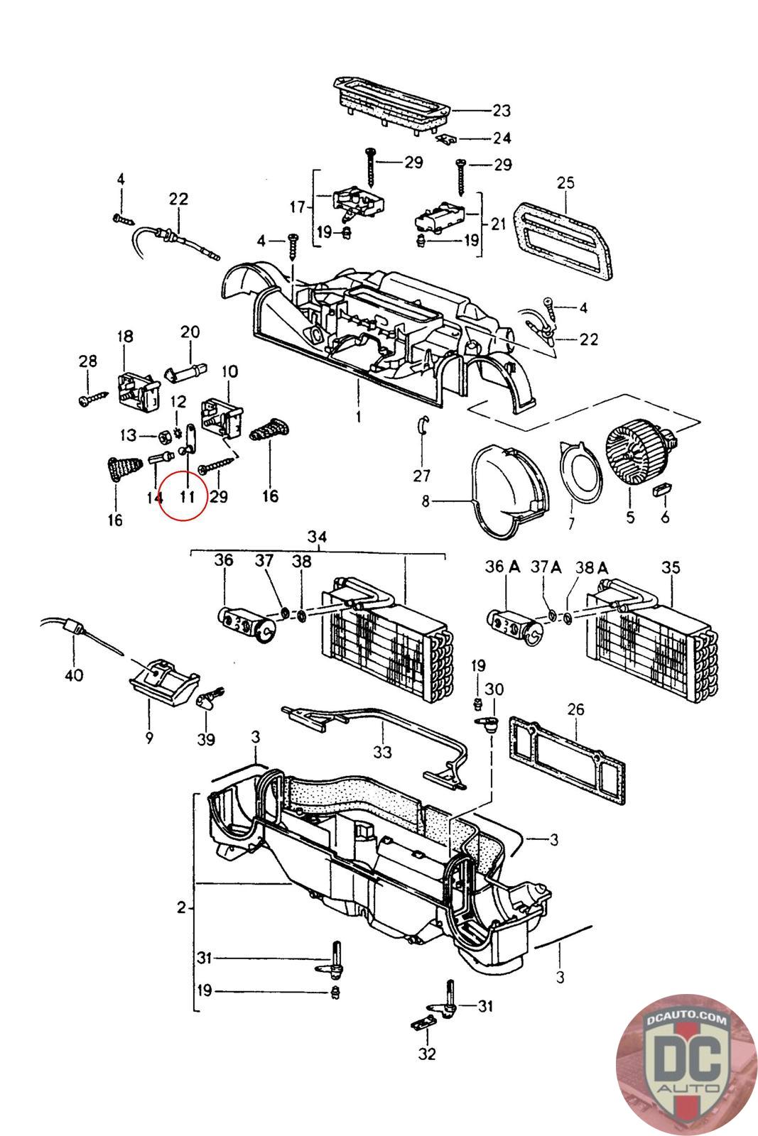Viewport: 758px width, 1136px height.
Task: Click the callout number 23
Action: click(502, 111)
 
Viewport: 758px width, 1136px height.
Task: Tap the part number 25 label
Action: click(565, 182)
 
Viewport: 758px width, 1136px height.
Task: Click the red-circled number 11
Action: click(188, 496)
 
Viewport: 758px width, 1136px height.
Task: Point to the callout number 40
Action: click(74, 675)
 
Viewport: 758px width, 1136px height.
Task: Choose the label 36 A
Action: click(502, 566)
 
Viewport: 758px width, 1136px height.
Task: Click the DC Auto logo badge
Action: click(687, 1065)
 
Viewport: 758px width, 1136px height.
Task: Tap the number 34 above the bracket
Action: click(317, 537)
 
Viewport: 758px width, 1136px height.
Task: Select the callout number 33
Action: click(382, 751)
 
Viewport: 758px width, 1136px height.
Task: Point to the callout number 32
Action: click(427, 1054)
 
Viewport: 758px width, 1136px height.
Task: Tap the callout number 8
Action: click(425, 501)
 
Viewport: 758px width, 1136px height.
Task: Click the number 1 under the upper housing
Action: click(359, 417)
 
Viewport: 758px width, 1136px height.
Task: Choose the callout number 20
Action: click(190, 332)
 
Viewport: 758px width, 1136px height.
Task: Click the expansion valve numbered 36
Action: click(247, 624)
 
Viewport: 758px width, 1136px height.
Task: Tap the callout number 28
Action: click(87, 361)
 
